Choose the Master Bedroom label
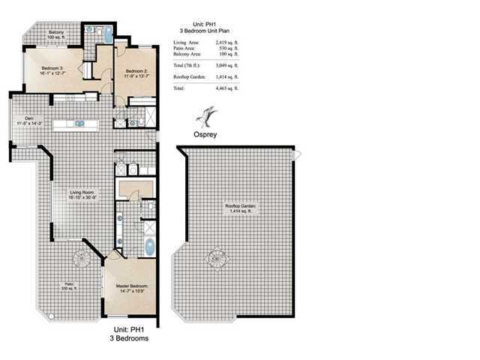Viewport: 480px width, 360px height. (x=132, y=289)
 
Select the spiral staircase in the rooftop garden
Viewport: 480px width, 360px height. (x=214, y=261)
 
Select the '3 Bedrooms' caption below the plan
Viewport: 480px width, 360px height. (x=132, y=339)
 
